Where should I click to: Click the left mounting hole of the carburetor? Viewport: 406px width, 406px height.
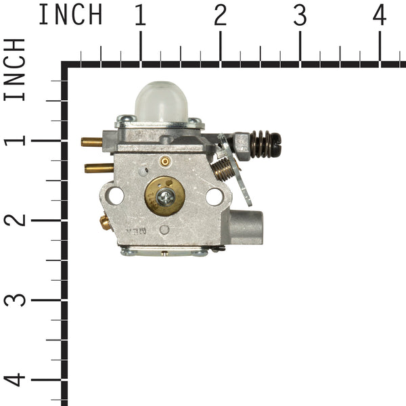(115, 196)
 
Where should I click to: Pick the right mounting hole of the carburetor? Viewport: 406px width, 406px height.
(215, 197)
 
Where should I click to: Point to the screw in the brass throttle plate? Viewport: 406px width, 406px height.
(165, 197)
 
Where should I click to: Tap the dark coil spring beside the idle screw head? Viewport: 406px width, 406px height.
(261, 143)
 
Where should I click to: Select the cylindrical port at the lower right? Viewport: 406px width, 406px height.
(248, 227)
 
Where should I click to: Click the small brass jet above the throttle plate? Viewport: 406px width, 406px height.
(164, 161)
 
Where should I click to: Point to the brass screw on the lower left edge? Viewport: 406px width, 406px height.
(105, 221)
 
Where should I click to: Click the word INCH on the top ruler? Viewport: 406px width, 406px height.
(70, 15)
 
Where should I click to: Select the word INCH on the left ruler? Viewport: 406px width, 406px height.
(15, 70)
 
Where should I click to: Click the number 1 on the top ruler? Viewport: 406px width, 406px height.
(140, 15)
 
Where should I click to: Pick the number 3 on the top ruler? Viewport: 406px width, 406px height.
(300, 15)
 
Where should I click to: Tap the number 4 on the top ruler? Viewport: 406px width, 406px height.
(380, 15)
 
